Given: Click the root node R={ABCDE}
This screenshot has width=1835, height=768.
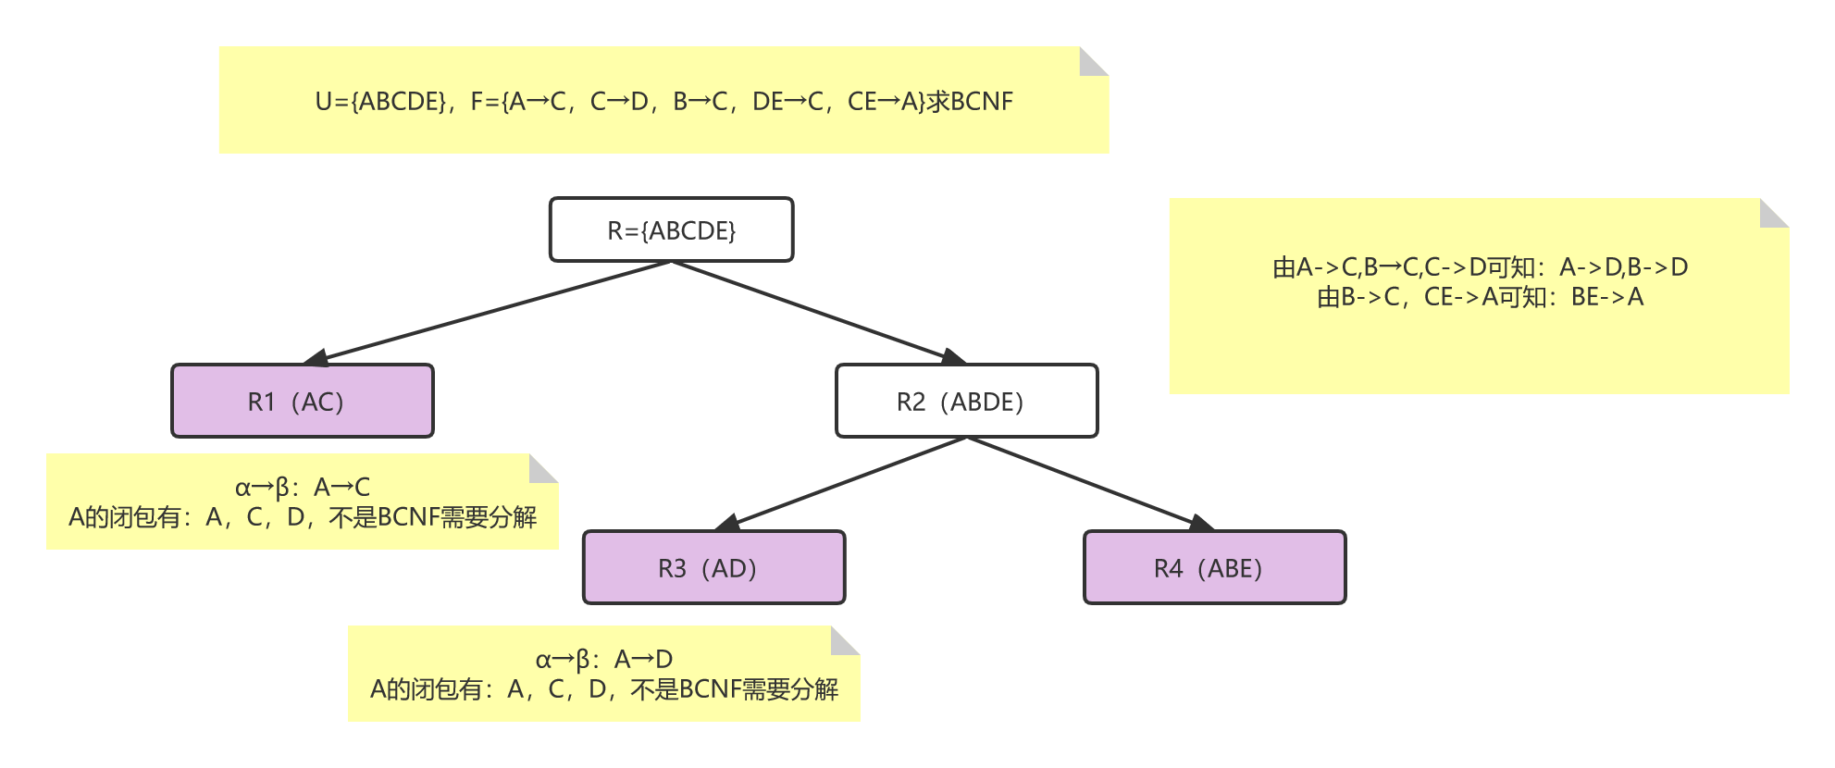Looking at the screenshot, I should pos(671,230).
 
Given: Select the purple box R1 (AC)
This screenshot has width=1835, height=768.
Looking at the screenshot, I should pos(302,402).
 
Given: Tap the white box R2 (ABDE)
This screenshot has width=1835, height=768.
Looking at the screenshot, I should pos(966,402).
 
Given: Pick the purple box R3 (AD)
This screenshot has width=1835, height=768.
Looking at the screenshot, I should pos(713,568).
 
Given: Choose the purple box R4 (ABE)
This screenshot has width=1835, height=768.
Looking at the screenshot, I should pos(1214,568).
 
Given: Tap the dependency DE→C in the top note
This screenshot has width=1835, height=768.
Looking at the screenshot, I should pos(787,102).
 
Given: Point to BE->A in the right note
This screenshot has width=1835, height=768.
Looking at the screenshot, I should pos(1607,297).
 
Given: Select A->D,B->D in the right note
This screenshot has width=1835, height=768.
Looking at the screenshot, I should pos(1624,267).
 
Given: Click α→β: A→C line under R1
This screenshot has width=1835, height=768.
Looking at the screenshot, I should pos(303,487).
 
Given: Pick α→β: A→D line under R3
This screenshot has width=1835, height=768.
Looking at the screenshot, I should pos(604,659).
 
